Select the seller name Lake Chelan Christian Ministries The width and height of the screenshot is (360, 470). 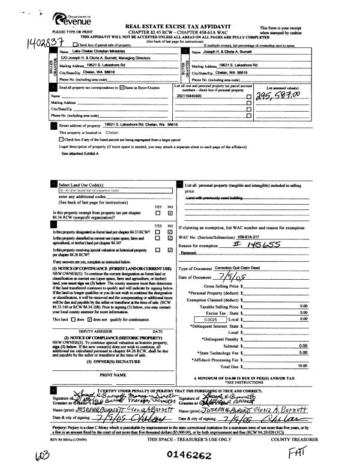coord(92,52)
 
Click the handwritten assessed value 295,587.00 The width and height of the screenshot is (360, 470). coord(278,97)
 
